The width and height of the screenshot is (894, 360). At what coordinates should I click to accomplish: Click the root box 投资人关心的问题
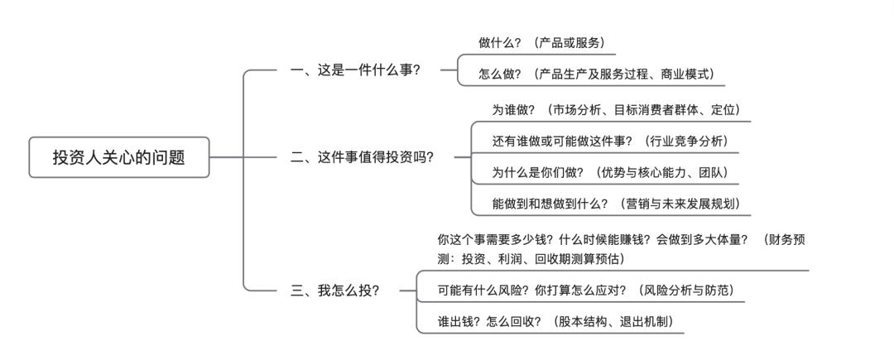pyautogui.click(x=119, y=157)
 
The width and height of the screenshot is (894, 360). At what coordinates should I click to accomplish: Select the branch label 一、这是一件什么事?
pyautogui.click(x=356, y=71)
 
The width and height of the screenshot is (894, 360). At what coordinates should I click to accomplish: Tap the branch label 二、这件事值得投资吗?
pyautogui.click(x=363, y=157)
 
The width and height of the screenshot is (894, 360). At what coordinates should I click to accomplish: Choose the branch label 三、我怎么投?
pyautogui.click(x=335, y=290)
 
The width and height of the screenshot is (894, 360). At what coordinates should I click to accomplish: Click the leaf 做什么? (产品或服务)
pyautogui.click(x=541, y=42)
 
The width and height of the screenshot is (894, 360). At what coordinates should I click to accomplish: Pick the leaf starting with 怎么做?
pyautogui.click(x=595, y=74)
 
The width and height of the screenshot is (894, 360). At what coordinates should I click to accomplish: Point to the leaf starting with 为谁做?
pyautogui.click(x=615, y=109)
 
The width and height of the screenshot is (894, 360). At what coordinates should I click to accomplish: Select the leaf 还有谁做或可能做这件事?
pyautogui.click(x=562, y=141)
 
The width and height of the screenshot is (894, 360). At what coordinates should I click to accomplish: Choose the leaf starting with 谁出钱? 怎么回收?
pyautogui.click(x=555, y=322)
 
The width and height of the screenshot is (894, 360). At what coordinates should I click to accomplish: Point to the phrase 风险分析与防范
pyautogui.click(x=684, y=290)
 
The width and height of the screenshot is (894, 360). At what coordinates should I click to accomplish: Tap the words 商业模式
pyautogui.click(x=686, y=74)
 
